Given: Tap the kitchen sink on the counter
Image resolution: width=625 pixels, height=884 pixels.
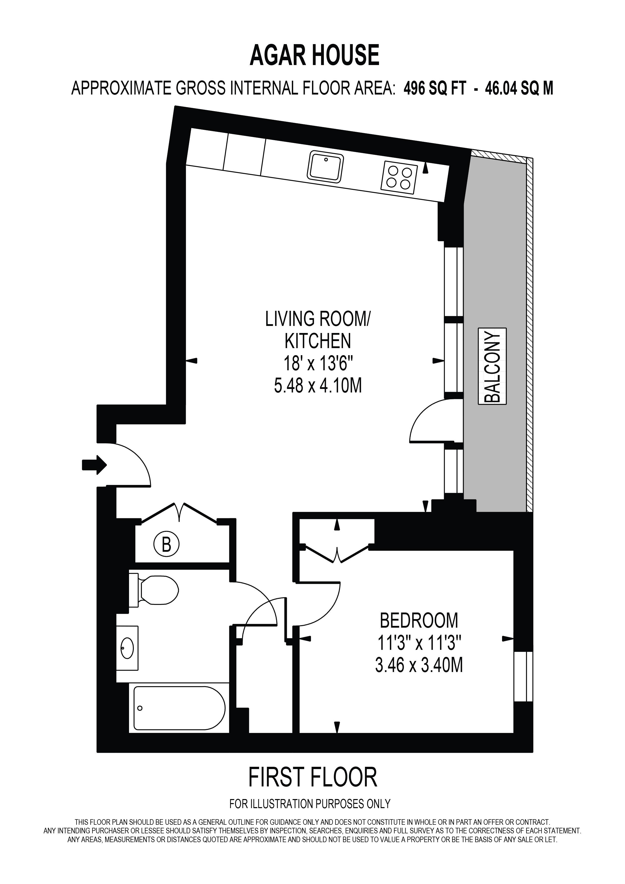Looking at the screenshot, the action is [325, 166].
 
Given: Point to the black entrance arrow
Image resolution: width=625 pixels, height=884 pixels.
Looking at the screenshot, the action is [94, 465].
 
